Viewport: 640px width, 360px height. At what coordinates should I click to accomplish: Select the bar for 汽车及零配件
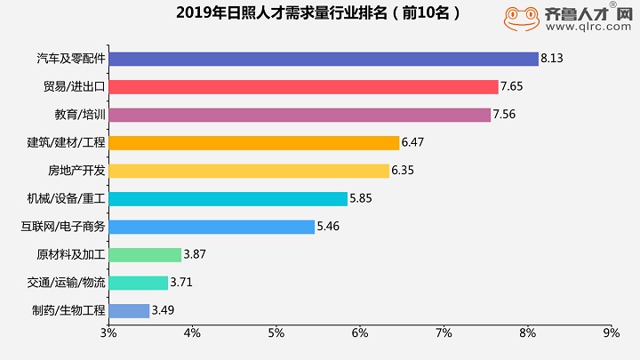click(x=324, y=59)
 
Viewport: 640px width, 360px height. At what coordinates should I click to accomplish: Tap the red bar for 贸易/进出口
click(x=303, y=86)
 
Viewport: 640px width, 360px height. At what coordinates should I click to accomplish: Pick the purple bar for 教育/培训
click(x=300, y=115)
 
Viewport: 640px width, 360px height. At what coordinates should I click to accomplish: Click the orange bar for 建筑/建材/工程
click(x=253, y=142)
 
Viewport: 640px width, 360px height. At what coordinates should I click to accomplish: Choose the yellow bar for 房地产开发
click(x=249, y=171)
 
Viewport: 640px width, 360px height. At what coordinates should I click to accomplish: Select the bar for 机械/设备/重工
click(x=228, y=198)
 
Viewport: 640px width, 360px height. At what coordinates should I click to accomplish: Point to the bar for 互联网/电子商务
click(x=212, y=227)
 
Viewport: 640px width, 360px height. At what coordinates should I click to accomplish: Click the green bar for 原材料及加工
click(x=145, y=254)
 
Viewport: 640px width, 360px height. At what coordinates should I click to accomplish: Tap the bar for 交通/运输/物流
click(x=138, y=283)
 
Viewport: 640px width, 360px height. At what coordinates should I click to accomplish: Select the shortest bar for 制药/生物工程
click(x=129, y=310)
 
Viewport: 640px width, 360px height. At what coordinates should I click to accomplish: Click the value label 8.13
click(x=552, y=59)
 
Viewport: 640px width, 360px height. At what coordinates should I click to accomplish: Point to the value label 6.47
click(x=413, y=142)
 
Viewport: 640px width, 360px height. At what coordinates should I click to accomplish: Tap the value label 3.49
click(x=164, y=310)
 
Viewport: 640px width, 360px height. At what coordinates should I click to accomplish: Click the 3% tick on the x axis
click(x=108, y=332)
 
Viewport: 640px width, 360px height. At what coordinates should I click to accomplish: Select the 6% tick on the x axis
click(x=360, y=332)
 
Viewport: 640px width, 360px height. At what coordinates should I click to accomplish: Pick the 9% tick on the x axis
click(x=611, y=332)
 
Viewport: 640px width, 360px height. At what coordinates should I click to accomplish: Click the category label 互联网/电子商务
click(x=62, y=227)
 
